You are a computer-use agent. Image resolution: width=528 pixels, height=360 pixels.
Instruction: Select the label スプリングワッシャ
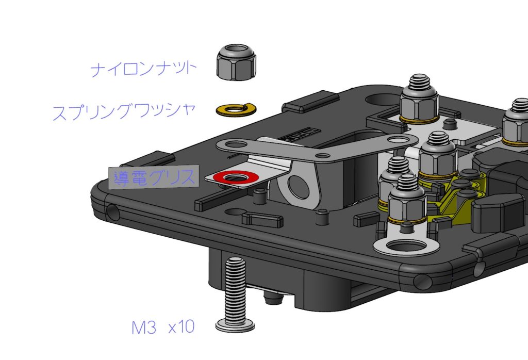tap(124, 111)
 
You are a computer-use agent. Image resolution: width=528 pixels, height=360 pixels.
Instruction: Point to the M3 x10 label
tap(163, 327)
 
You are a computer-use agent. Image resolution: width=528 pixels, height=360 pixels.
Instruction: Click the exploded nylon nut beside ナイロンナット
tap(235, 61)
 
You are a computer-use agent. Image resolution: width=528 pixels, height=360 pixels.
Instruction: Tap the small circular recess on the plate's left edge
tap(113, 210)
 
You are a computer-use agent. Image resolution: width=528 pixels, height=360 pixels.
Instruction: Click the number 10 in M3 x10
tap(186, 327)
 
